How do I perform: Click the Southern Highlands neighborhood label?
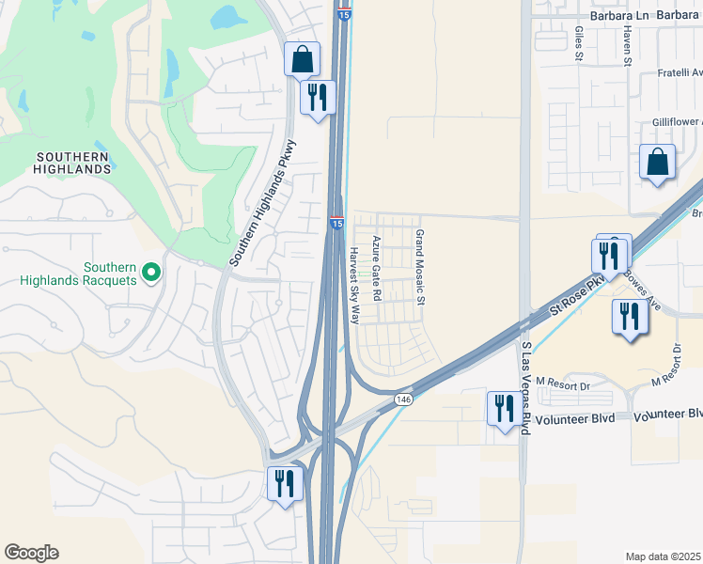(x=73, y=163)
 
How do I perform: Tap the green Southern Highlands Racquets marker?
(x=150, y=274)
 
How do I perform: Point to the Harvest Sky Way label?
(x=354, y=285)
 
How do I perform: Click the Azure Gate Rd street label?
(x=376, y=268)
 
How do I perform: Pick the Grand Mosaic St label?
(x=421, y=268)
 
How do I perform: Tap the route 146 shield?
(x=403, y=399)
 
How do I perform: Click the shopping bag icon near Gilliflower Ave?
(x=657, y=162)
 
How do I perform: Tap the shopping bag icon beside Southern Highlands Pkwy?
(x=303, y=60)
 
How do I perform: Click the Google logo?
(x=31, y=553)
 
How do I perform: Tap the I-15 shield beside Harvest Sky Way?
(x=336, y=222)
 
